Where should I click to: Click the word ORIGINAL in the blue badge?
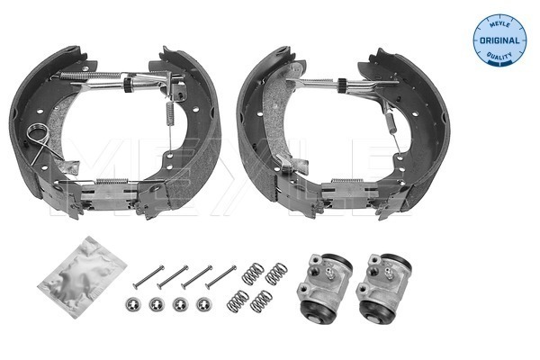(499, 40)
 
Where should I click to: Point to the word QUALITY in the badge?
(499, 56)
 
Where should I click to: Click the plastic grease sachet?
(82, 276)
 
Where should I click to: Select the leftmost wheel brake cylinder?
(323, 285)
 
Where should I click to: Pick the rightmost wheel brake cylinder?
(383, 286)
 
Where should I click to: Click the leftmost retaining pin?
(148, 277)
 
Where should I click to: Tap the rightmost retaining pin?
(220, 277)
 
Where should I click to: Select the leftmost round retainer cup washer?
(131, 304)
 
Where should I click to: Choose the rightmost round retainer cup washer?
(203, 304)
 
